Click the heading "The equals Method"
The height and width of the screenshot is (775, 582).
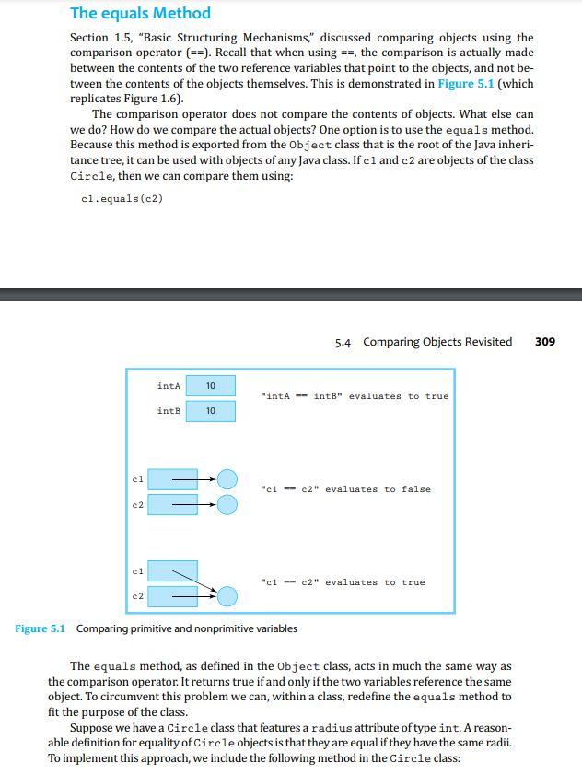pos(140,13)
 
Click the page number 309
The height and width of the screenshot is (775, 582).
pos(544,342)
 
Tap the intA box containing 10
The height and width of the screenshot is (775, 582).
pos(211,386)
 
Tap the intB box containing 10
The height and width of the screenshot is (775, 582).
pos(211,411)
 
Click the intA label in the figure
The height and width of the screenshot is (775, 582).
pos(169,386)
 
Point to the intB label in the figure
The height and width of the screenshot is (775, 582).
pos(169,411)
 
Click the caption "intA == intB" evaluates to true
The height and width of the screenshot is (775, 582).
pos(355,396)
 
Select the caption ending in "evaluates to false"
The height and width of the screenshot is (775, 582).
pos(345,489)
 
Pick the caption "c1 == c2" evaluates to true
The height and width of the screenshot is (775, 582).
pos(343,582)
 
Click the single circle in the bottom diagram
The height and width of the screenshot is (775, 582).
pos(227,596)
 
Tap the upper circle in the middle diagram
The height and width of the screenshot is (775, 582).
pos(227,479)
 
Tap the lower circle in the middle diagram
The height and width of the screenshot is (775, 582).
pos(227,504)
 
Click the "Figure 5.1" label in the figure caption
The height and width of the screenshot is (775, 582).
pos(40,628)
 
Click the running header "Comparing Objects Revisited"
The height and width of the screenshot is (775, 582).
pos(437,342)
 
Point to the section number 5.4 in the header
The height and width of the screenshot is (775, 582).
pos(343,343)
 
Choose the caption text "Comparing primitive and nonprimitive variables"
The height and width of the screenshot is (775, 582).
pos(186,628)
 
